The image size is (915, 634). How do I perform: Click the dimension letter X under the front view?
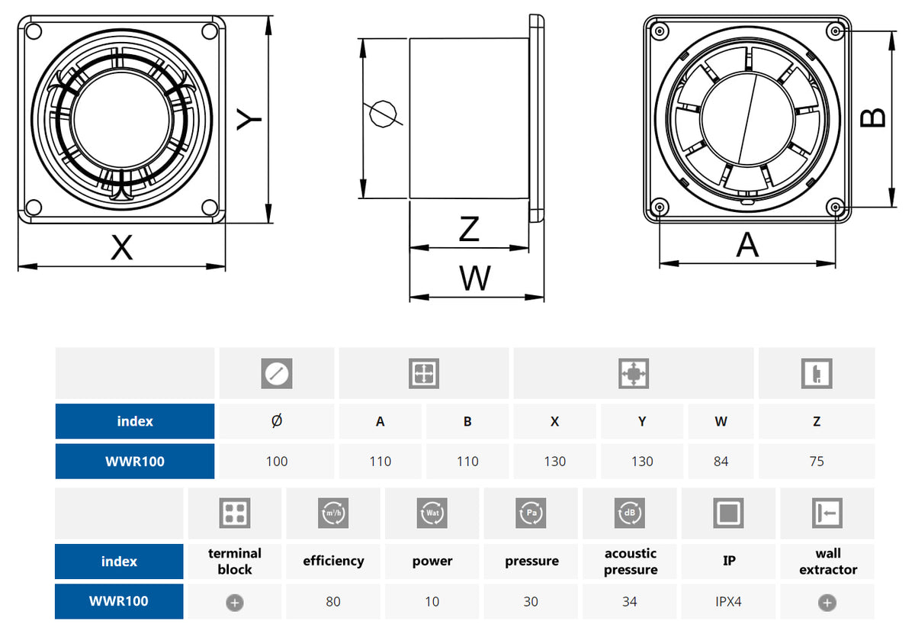pyautogui.click(x=122, y=247)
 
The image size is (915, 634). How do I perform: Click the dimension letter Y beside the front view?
pyautogui.click(x=249, y=119)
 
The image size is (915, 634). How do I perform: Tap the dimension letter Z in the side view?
pyautogui.click(x=469, y=229)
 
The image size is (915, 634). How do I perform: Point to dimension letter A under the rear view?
pyautogui.click(x=748, y=246)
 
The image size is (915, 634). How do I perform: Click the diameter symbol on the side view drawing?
pyautogui.click(x=383, y=114)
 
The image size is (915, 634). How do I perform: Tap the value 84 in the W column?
pyautogui.click(x=721, y=461)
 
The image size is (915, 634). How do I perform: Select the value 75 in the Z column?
pyautogui.click(x=817, y=461)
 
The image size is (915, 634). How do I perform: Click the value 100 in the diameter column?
pyautogui.click(x=277, y=461)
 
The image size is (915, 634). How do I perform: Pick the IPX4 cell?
pyautogui.click(x=728, y=601)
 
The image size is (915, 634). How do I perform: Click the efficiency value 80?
pyautogui.click(x=333, y=601)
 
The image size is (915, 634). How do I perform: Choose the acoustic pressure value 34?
pyautogui.click(x=629, y=601)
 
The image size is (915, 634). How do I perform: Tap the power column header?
pyautogui.click(x=432, y=561)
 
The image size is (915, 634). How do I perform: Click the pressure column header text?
pyautogui.click(x=531, y=561)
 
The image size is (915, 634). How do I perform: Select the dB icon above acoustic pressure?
pyautogui.click(x=630, y=513)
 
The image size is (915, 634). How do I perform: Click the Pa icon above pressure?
pyautogui.click(x=531, y=513)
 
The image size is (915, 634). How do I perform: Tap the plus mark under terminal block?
pyautogui.click(x=235, y=602)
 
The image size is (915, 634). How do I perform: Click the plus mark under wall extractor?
pyautogui.click(x=827, y=602)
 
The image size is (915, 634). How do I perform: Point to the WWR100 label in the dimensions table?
pyautogui.click(x=135, y=461)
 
